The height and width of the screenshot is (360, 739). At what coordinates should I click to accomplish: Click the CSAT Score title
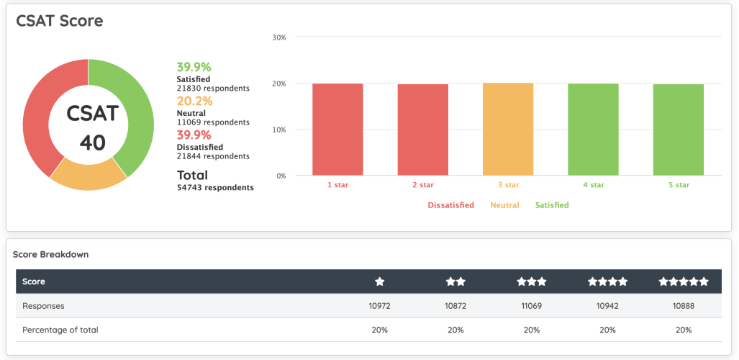[60, 21]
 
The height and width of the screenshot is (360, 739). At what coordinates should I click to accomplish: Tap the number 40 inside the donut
[92, 143]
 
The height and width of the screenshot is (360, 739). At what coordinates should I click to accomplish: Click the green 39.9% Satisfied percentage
[194, 67]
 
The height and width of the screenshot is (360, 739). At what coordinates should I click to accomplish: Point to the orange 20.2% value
[194, 101]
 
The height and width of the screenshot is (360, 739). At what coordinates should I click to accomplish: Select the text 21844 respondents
[213, 156]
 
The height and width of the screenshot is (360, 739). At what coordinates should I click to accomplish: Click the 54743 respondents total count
[215, 188]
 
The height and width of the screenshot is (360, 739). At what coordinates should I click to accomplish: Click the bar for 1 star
[337, 130]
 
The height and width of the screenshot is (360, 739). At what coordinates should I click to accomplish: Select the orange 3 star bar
[508, 130]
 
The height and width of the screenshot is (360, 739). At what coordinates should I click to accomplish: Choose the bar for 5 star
[678, 130]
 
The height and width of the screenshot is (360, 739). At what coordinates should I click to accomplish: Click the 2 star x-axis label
[423, 185]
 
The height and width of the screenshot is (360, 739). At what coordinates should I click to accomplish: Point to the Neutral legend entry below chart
[504, 205]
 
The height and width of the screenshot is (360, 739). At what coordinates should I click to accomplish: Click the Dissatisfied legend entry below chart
[450, 205]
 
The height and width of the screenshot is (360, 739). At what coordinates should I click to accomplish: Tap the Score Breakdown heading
[50, 254]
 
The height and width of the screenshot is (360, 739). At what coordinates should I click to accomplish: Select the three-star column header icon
[532, 282]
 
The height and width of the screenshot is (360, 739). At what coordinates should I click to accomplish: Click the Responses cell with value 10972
[379, 306]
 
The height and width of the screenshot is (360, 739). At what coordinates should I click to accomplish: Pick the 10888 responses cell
[684, 306]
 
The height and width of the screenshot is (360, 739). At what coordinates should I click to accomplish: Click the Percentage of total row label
[60, 330]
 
